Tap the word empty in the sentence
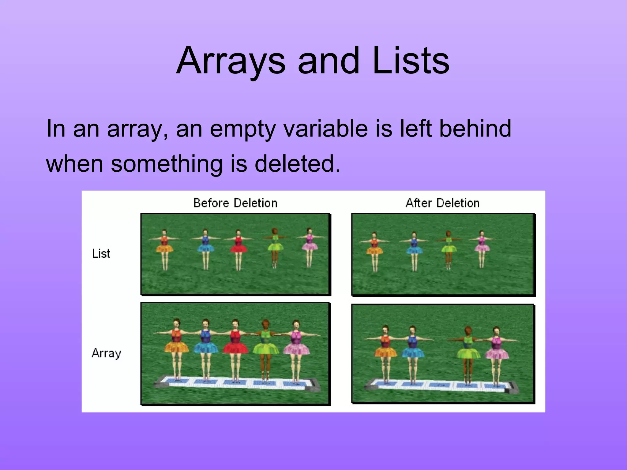click(243, 129)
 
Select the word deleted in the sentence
click(297, 163)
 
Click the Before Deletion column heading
click(235, 203)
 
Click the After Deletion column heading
click(442, 203)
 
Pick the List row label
click(101, 254)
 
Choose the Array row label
click(106, 353)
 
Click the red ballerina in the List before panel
click(238, 248)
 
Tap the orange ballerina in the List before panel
click(164, 248)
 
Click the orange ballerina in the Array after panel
click(385, 352)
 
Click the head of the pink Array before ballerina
click(295, 324)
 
